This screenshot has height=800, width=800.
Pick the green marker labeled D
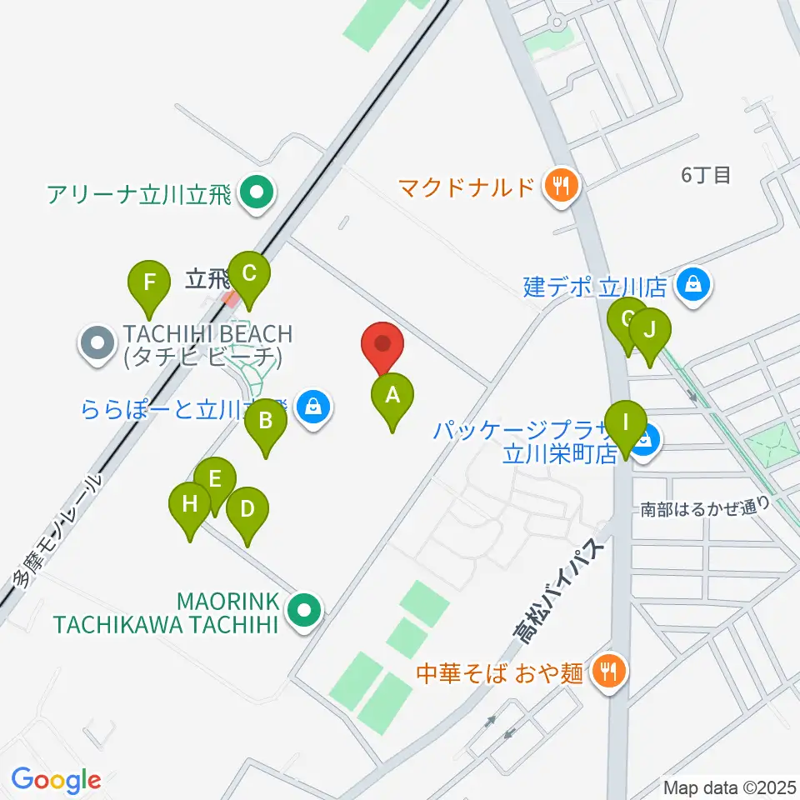247,512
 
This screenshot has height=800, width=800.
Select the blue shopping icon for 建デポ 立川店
693,285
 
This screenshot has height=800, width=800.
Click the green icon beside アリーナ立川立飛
256,195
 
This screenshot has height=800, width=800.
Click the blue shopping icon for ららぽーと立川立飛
312,407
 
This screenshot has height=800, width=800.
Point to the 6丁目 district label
705,175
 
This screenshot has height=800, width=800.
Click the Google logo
56,781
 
